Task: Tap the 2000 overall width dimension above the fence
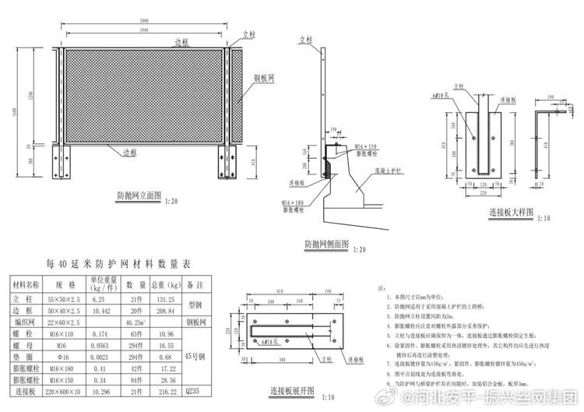(x=144, y=19)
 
